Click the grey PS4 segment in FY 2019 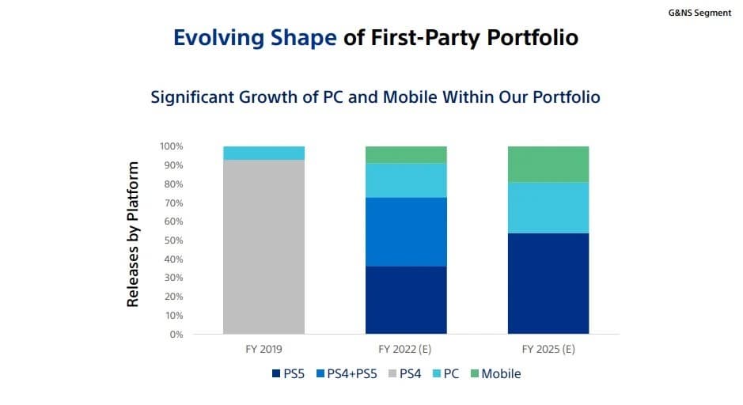(x=264, y=247)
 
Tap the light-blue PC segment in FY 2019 (x=264, y=153)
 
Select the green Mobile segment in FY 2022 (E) (x=406, y=154)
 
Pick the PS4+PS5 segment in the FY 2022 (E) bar (x=406, y=232)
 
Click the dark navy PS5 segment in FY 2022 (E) (x=406, y=300)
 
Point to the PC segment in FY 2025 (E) (x=548, y=207)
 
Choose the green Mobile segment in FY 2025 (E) (x=548, y=164)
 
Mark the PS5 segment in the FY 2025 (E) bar (x=548, y=283)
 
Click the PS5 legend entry (x=289, y=373)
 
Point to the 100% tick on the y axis (x=171, y=146)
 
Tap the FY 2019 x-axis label (x=264, y=349)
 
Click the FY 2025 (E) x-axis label (x=548, y=349)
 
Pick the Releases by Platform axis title (x=134, y=234)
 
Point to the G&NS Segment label (x=699, y=13)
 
